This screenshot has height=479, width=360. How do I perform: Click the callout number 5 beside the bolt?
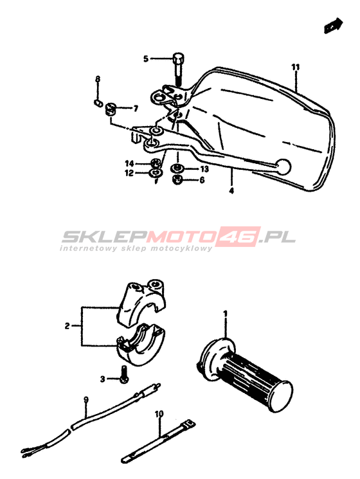(x=146, y=59)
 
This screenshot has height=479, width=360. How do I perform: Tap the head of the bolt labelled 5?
(x=178, y=58)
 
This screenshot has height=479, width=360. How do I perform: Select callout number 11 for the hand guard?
(x=295, y=68)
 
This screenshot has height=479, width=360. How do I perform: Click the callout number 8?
(x=98, y=80)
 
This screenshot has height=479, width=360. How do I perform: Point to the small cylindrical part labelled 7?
(x=110, y=109)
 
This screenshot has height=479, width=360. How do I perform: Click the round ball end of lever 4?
(x=283, y=167)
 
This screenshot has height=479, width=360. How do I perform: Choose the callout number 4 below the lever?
(x=231, y=191)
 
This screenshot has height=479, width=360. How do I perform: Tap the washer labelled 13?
(x=177, y=168)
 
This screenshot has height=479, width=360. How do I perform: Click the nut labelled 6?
(x=177, y=179)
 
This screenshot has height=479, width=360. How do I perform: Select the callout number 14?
(x=129, y=163)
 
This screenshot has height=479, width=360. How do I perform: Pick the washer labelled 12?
(x=156, y=173)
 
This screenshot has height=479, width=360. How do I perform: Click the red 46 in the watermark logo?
(x=241, y=237)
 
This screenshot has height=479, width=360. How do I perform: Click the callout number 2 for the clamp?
(x=67, y=326)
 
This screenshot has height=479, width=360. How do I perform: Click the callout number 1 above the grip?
(x=226, y=314)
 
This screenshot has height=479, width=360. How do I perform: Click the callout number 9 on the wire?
(x=85, y=399)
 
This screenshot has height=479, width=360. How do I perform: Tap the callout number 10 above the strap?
(x=159, y=414)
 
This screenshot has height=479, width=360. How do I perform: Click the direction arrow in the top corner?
(x=333, y=26)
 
